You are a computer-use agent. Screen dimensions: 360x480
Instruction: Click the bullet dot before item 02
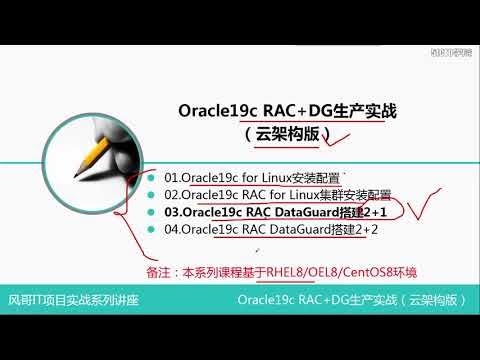153,195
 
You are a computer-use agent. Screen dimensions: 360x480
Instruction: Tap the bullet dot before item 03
153,213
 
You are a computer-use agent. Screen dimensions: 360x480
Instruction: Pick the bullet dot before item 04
153,230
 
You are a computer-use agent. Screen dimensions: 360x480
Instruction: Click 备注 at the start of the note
156,271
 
